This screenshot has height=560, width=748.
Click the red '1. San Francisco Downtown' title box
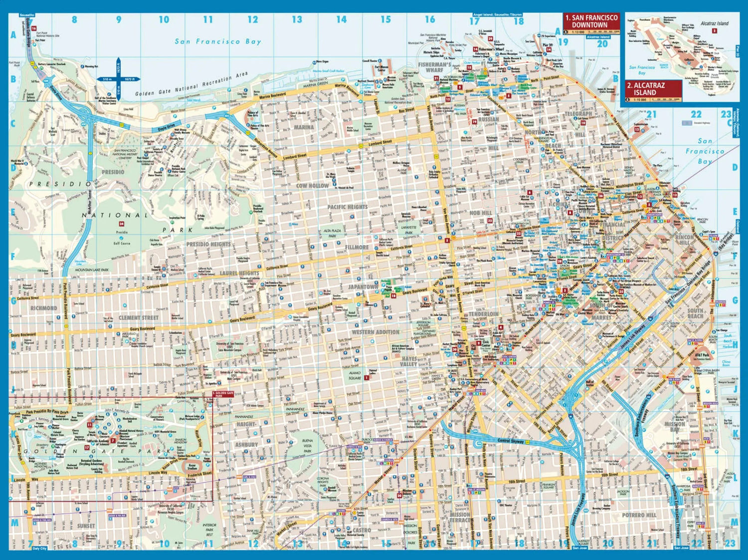click(x=591, y=21)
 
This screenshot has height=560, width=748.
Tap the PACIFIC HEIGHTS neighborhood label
click(x=347, y=207)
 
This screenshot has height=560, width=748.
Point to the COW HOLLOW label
click(x=313, y=186)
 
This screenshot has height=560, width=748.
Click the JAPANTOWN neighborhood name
click(x=363, y=287)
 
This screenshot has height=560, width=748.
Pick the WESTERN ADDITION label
click(x=375, y=332)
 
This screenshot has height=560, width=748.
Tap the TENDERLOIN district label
click(x=483, y=314)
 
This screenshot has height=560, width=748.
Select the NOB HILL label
click(x=480, y=213)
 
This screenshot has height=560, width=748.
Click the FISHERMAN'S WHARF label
click(x=434, y=67)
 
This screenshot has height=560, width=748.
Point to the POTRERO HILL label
click(x=639, y=515)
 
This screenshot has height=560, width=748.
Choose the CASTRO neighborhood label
click(x=362, y=530)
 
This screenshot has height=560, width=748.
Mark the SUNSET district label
click(x=86, y=526)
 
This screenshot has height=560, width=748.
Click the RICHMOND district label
click(x=44, y=308)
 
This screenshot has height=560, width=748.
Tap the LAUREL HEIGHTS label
click(x=239, y=273)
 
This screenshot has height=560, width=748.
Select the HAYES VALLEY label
click(x=409, y=361)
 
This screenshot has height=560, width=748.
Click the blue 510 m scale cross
click(x=119, y=79)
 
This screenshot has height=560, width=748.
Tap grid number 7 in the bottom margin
click(x=30, y=543)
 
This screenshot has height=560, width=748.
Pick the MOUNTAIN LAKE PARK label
click(x=92, y=270)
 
